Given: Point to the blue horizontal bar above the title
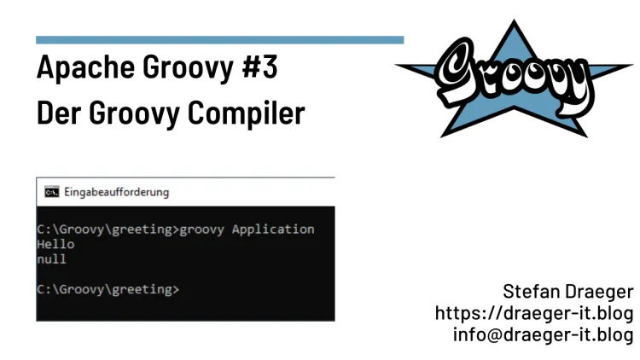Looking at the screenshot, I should click(x=219, y=39).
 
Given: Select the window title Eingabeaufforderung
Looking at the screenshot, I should click(x=117, y=192).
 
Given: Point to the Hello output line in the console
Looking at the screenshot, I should click(x=55, y=244).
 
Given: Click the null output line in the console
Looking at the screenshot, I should click(x=51, y=258).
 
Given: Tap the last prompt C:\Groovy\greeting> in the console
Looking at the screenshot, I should click(x=108, y=289).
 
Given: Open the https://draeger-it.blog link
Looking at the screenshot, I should click(x=534, y=312).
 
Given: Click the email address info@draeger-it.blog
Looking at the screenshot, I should click(x=543, y=334).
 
